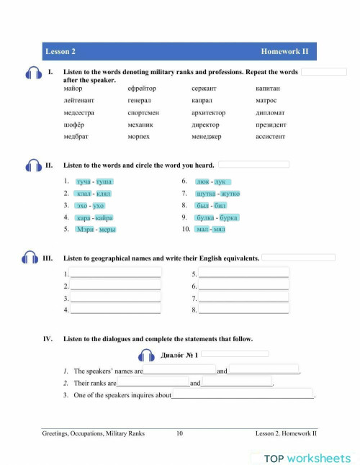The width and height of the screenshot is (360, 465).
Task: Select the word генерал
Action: tap(139, 101)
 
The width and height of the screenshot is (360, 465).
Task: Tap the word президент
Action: tap(271, 125)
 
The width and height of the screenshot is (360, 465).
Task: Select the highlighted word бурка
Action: tap(228, 217)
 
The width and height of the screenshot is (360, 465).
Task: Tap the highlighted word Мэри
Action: tap(86, 230)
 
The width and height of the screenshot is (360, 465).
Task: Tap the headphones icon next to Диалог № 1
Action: tap(146, 355)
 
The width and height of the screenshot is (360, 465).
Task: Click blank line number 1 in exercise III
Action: tap(115, 274)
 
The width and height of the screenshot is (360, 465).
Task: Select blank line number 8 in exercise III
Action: tap(243, 310)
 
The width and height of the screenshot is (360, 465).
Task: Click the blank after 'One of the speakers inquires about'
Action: tap(243, 395)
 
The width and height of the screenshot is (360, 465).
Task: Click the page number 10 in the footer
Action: tap(179, 433)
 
